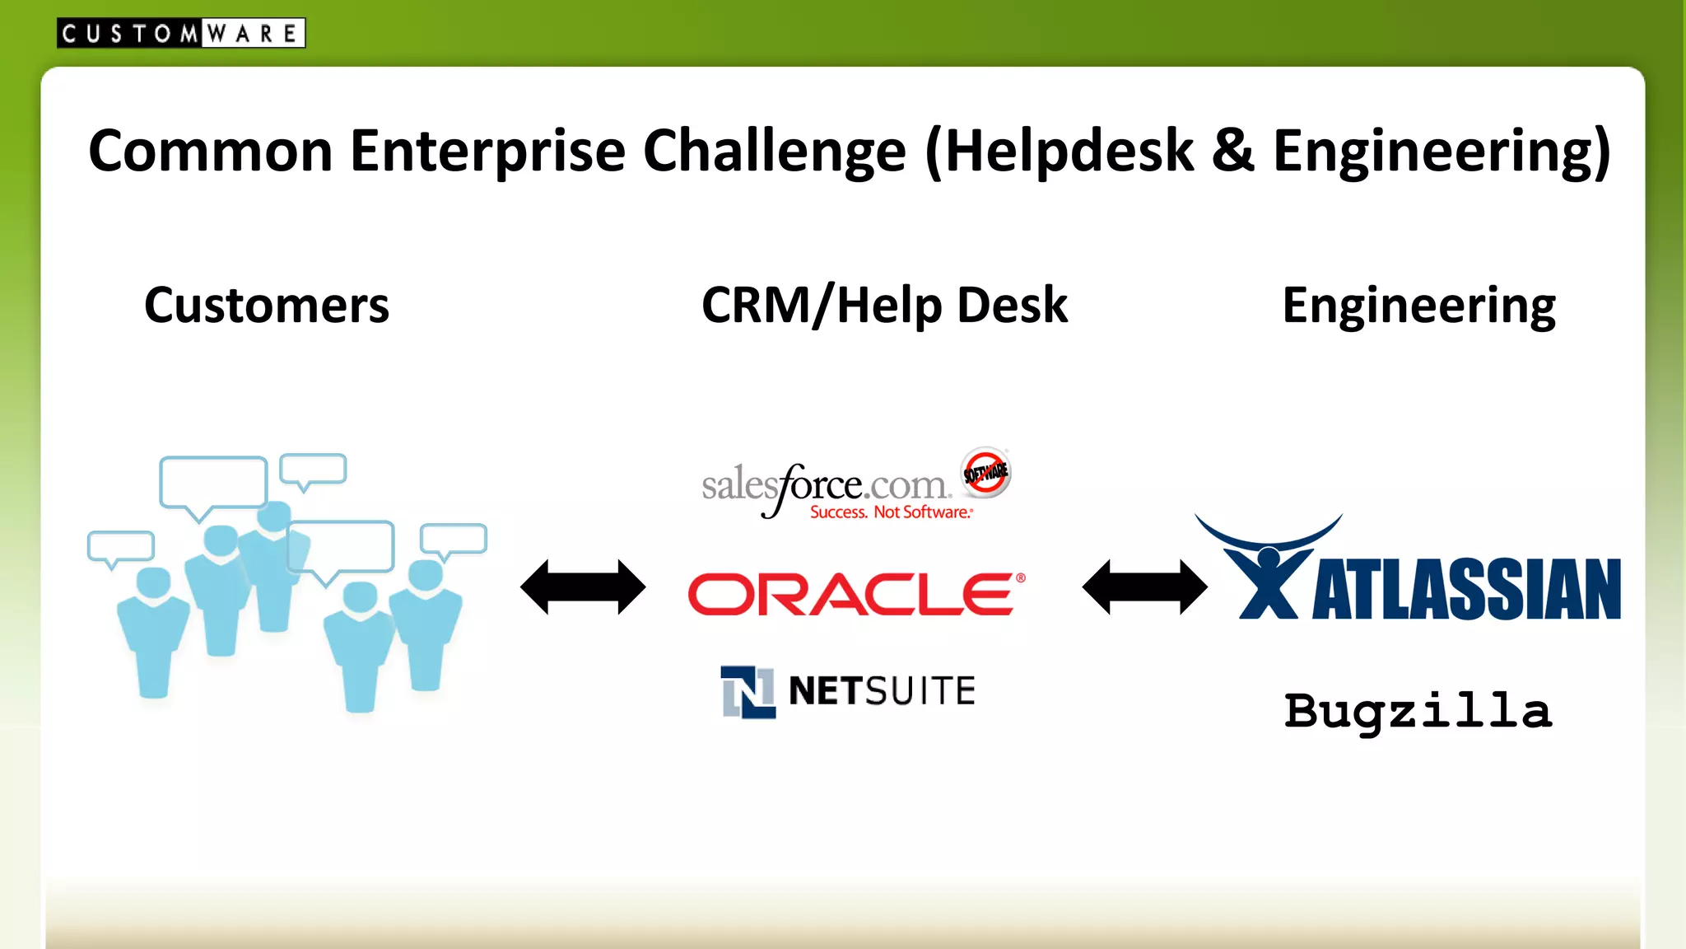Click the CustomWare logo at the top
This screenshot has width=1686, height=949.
click(x=180, y=33)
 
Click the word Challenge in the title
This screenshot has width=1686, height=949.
click(x=774, y=152)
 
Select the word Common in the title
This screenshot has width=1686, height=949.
click(x=211, y=152)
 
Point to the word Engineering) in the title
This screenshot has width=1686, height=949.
click(x=1441, y=152)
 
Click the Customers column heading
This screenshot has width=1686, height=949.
click(x=266, y=306)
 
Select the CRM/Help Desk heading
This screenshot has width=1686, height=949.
click(x=883, y=306)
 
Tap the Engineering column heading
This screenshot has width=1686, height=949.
click(x=1418, y=306)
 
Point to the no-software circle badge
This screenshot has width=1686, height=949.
click(x=985, y=473)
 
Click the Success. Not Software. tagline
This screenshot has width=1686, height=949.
click(x=891, y=512)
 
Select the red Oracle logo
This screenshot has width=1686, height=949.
click(x=852, y=595)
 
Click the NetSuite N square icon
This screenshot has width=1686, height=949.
click(x=748, y=692)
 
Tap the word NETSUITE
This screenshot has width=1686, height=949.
click(x=882, y=691)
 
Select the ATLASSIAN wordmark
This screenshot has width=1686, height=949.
click(x=1466, y=589)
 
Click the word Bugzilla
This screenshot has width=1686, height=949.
click(x=1418, y=711)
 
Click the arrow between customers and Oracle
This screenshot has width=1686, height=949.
click(x=583, y=587)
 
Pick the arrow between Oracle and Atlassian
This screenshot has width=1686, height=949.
click(x=1144, y=587)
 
